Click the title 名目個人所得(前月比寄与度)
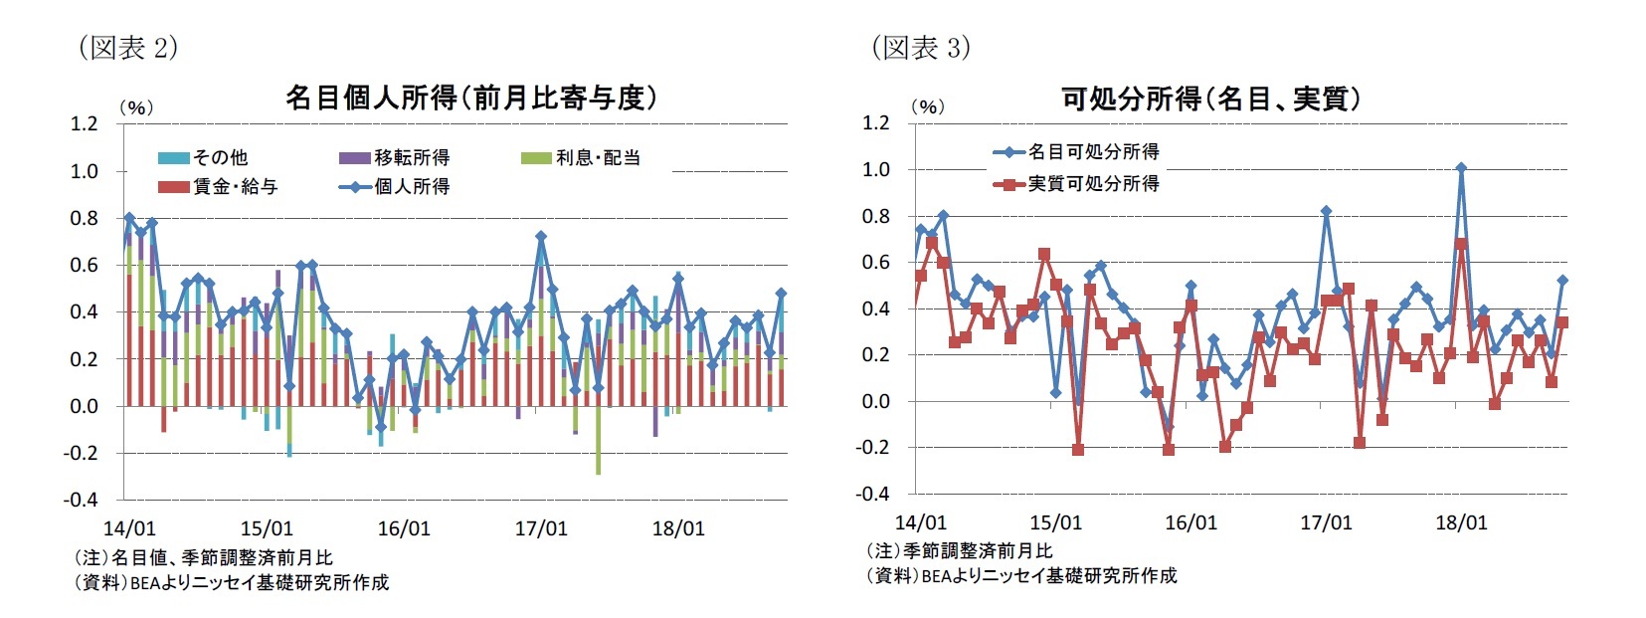coord(471,98)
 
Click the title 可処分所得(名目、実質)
coord(1210,99)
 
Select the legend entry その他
coord(203,157)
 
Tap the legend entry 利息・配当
coord(581,157)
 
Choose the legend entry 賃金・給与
coord(218,186)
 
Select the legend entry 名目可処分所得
coord(1076,151)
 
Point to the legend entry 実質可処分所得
coord(1076,183)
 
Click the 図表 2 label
coord(127,47)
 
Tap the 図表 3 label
coord(920,47)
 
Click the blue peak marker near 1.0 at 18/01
coord(1461,168)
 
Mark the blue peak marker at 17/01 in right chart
coord(1326,211)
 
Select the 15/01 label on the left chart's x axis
coord(267,528)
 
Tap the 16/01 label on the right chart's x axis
coord(1190,522)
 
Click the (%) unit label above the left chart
coord(136,107)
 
